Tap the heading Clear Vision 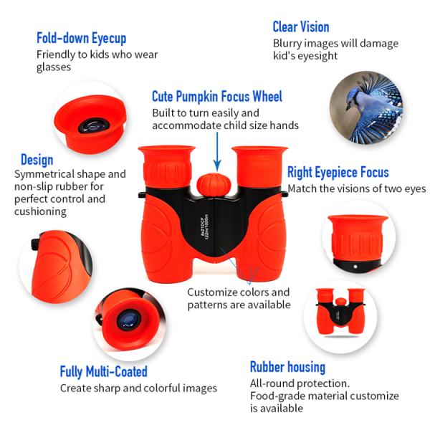point(301,27)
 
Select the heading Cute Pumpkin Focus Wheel point(217,97)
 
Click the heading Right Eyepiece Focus point(338,173)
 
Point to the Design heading point(37,159)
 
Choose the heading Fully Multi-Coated point(103,371)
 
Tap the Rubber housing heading point(287,367)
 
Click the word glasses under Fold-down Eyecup point(54,67)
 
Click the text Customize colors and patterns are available point(239,298)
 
